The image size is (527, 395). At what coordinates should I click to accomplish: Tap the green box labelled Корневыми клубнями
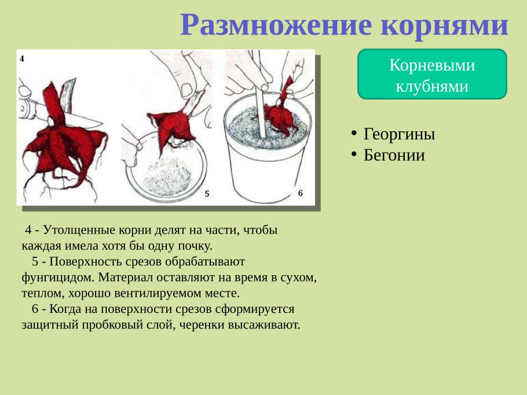click(432, 75)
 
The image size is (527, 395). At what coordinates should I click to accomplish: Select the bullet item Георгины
click(399, 134)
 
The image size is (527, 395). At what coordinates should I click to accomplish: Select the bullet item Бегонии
click(394, 155)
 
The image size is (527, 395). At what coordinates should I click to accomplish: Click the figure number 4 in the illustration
click(21, 58)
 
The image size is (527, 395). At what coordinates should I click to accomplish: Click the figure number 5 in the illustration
click(206, 194)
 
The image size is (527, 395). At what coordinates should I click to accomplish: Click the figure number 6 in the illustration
click(300, 193)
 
